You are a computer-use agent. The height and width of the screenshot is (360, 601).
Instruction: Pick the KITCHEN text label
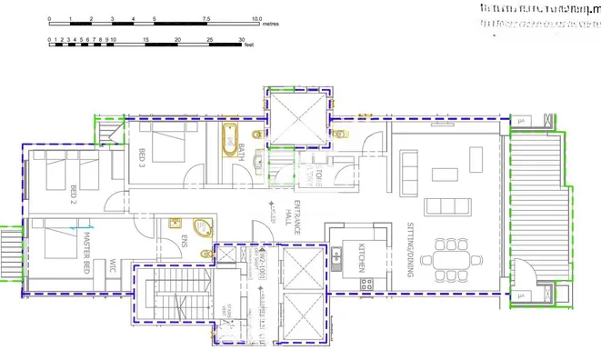(361, 258)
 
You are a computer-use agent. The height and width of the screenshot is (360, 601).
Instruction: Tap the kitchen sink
(336, 258)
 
